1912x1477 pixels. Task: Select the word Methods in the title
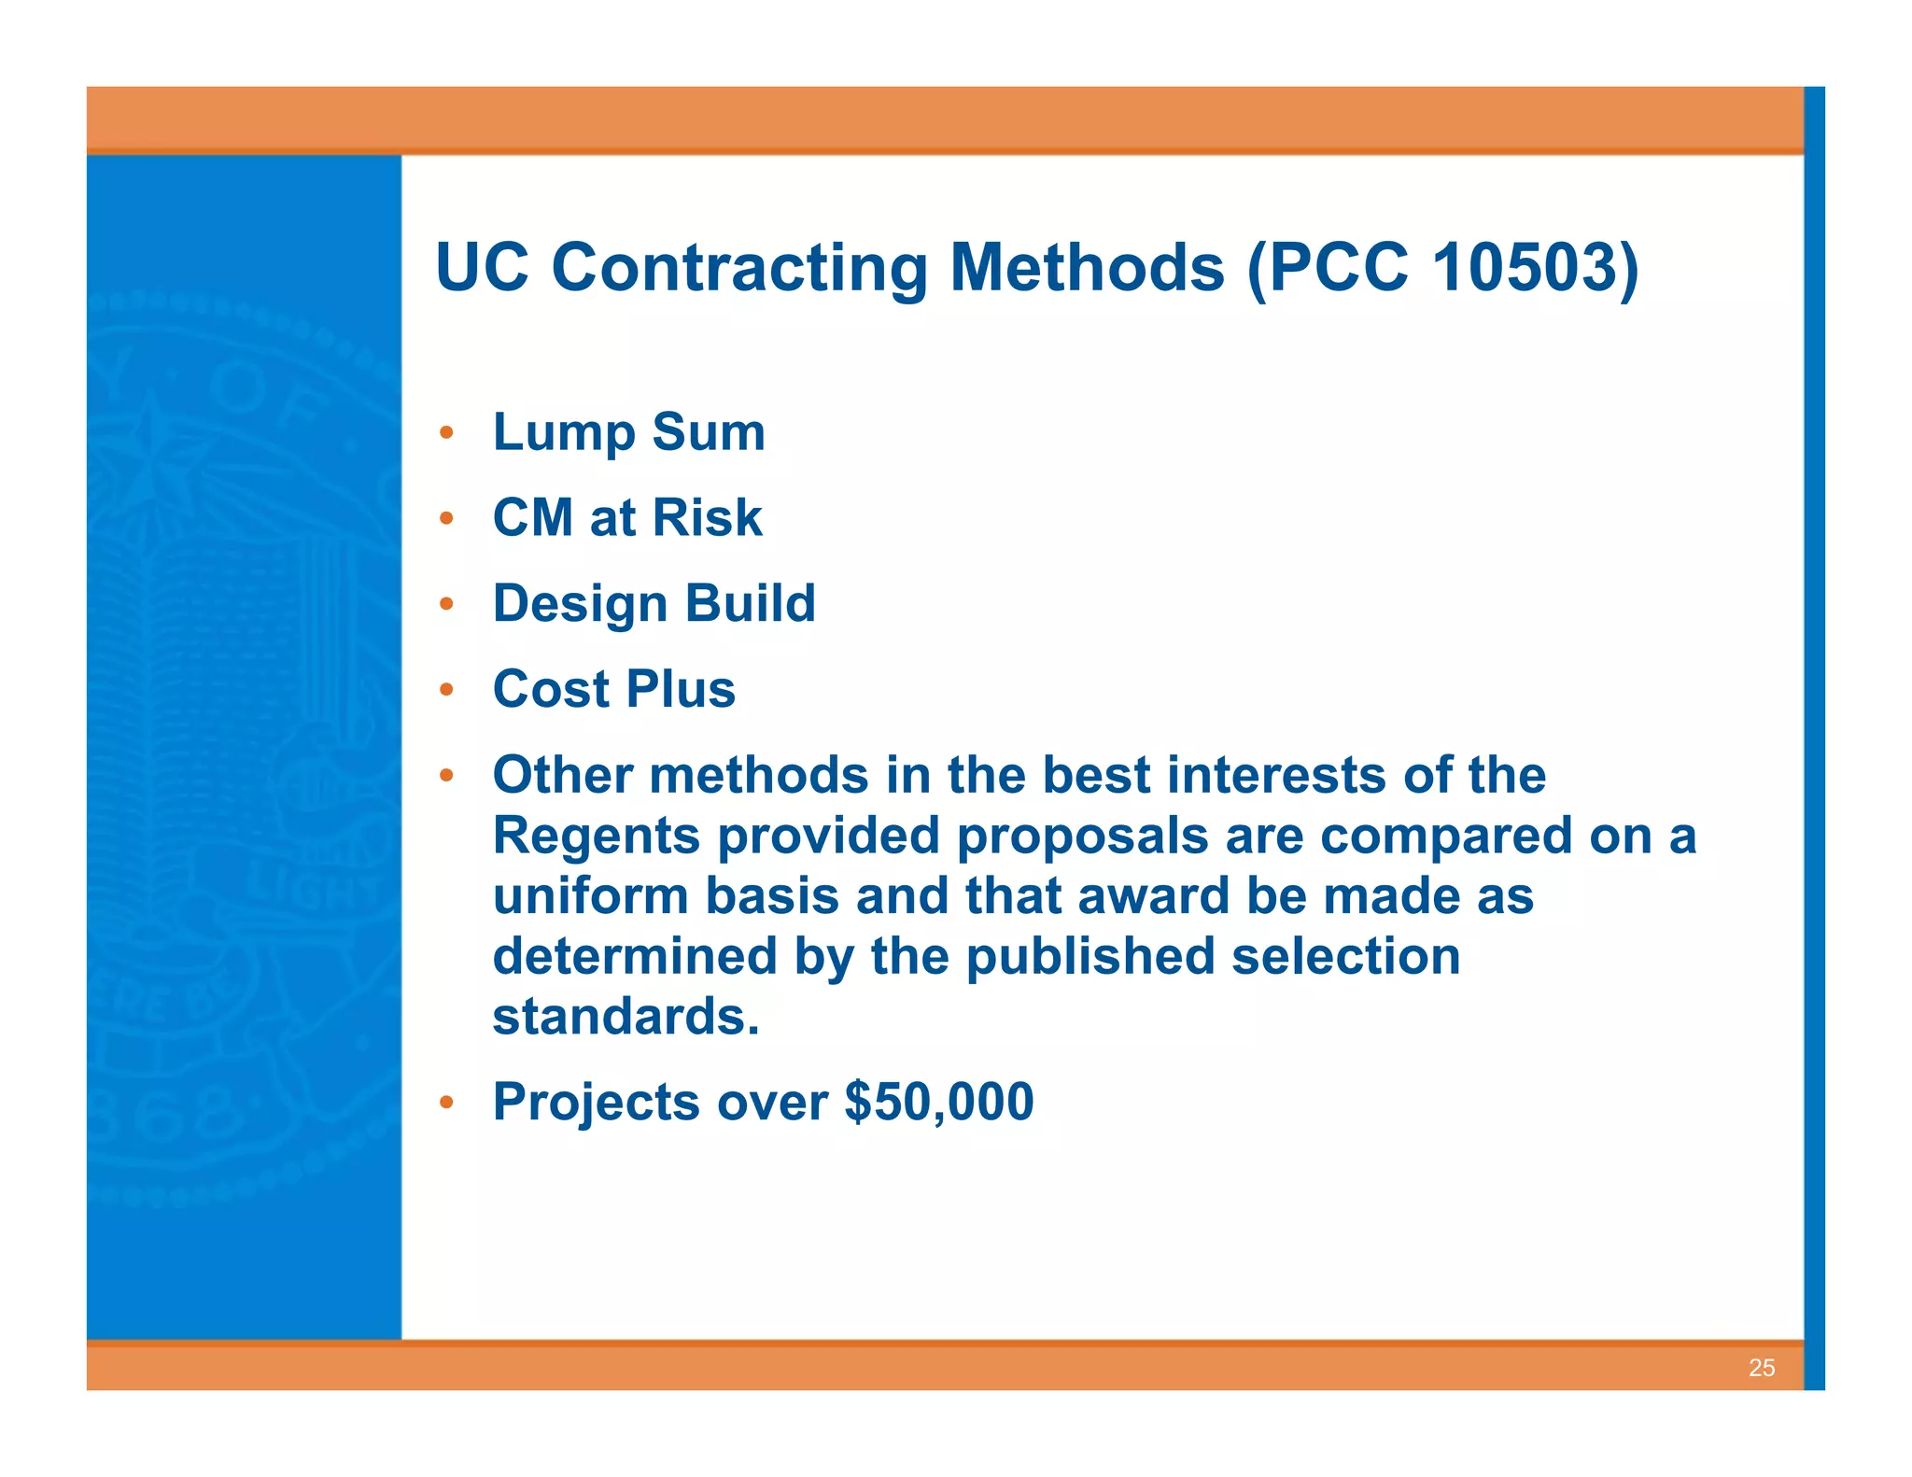click(1086, 267)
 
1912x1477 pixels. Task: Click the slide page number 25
click(1761, 1368)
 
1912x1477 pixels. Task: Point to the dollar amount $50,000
click(938, 1102)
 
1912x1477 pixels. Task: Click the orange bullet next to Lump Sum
click(447, 433)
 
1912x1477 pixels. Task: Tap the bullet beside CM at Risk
click(447, 518)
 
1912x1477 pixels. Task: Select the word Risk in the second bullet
click(707, 517)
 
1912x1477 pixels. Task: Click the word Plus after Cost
click(681, 689)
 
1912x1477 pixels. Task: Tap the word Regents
click(596, 837)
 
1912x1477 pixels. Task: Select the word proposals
click(1082, 837)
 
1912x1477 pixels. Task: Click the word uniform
click(590, 896)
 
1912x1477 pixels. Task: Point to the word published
click(1090, 958)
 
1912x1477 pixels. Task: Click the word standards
click(626, 1017)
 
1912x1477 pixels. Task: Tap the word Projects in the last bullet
click(596, 1103)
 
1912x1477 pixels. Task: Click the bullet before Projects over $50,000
click(447, 1103)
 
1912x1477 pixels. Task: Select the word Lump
click(563, 433)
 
